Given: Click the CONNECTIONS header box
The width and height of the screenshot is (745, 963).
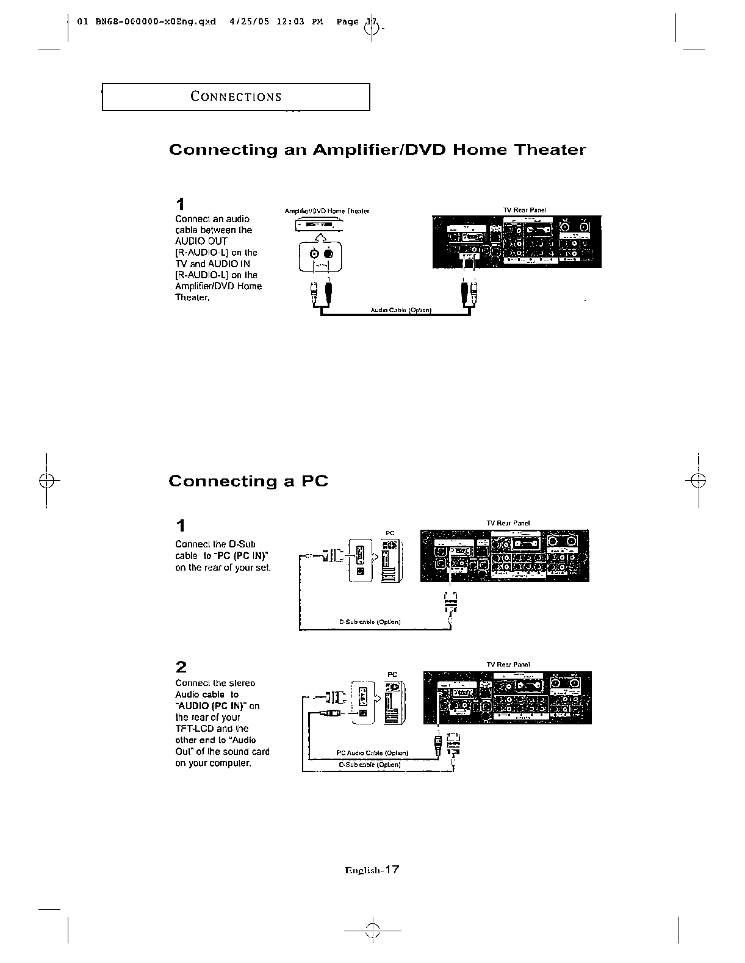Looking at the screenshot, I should coord(236,97).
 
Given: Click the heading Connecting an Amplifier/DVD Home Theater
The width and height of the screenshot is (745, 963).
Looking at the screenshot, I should coord(377,150).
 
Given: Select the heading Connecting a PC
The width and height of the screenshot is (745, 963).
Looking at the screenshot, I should coord(248,482).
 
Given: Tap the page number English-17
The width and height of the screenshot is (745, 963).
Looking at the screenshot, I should coord(372,870).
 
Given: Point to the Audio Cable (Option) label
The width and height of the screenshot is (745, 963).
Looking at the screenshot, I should coord(401,310).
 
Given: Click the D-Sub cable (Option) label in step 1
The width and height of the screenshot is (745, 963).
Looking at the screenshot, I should coord(370,622).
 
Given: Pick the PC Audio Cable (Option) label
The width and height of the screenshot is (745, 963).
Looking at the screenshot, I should coord(372,752).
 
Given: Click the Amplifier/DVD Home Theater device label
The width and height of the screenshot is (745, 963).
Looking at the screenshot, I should coord(327,211).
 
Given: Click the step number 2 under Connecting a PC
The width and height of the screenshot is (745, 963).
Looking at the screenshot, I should coord(181,666).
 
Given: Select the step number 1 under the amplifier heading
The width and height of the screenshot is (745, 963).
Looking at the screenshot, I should coord(180,203).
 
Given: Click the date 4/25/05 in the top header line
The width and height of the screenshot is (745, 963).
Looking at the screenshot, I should coord(247,22).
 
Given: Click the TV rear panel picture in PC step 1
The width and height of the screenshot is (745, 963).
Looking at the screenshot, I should coord(505,555).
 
